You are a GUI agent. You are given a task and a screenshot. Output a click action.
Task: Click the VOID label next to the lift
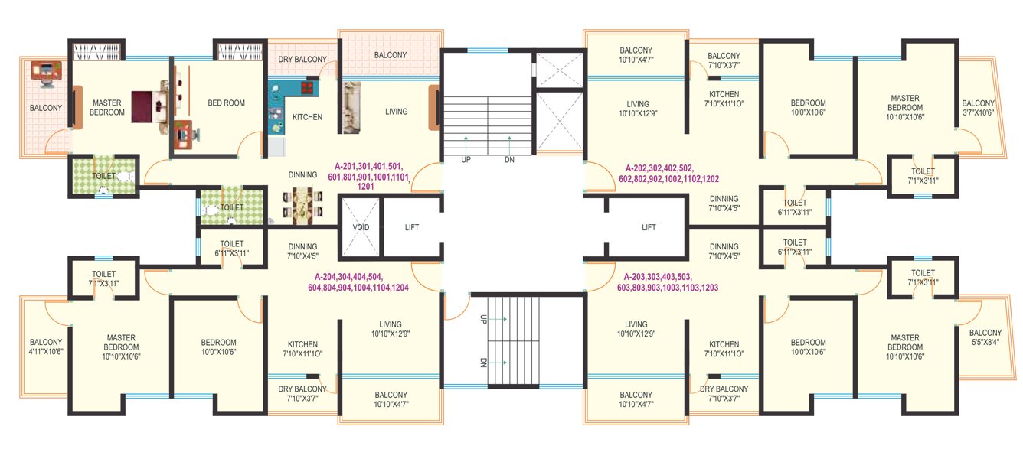(361, 228)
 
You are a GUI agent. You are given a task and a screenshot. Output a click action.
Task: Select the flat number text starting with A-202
(672, 173)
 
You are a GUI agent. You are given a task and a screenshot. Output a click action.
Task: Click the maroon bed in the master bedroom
(146, 107)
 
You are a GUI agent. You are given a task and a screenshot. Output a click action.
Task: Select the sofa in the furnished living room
(351, 108)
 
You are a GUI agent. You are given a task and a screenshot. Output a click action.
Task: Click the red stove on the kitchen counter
(307, 88)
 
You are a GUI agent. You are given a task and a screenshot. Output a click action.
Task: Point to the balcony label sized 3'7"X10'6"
(978, 108)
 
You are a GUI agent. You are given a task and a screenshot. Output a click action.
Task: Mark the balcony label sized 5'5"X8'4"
(985, 337)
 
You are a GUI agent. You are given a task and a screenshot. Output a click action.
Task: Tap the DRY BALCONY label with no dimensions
(302, 60)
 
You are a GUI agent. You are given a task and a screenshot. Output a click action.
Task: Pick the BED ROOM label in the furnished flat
(226, 103)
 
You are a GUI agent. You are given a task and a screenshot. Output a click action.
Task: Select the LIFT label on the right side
(649, 227)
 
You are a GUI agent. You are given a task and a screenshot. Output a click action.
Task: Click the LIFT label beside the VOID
(411, 227)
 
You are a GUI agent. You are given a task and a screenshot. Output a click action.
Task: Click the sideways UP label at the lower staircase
(483, 319)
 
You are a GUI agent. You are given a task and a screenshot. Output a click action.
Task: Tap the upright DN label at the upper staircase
(509, 160)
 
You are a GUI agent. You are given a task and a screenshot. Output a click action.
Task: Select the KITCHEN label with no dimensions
(307, 117)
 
